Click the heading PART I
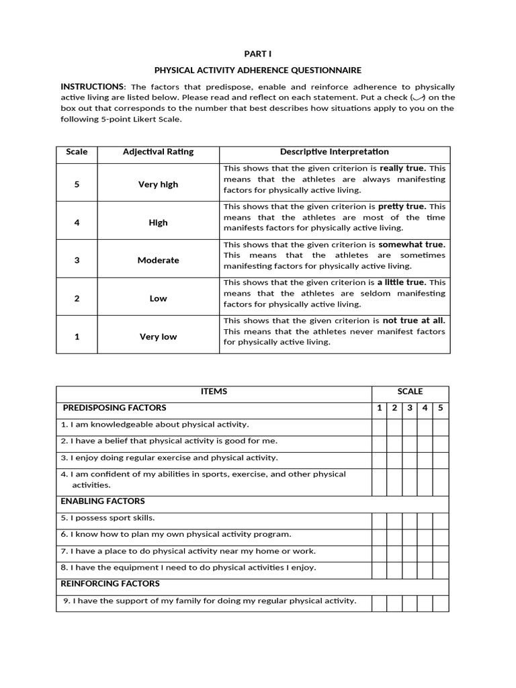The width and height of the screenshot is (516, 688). click(x=258, y=54)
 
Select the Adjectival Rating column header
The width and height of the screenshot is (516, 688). click(x=158, y=152)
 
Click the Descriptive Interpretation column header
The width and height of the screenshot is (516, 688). click(x=334, y=152)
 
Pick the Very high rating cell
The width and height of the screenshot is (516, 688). click(x=158, y=184)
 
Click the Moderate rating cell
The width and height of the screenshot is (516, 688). click(x=158, y=260)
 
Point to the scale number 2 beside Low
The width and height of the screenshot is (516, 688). click(x=77, y=298)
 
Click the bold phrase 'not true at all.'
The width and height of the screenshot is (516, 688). click(x=413, y=320)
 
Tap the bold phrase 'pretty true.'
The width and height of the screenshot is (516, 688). click(x=402, y=206)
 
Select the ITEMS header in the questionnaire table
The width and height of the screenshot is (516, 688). click(x=214, y=391)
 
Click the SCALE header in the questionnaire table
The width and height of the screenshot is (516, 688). click(x=410, y=391)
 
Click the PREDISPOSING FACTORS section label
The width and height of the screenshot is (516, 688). click(x=114, y=408)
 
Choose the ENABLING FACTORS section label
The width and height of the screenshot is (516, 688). click(x=103, y=501)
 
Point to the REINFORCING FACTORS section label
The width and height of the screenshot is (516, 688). click(x=110, y=584)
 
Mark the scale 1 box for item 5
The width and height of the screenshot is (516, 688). click(x=379, y=520)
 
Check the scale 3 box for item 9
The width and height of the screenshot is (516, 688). click(x=409, y=603)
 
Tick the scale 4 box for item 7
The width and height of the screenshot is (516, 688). click(x=425, y=553)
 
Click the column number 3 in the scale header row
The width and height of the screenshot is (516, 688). click(x=409, y=408)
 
